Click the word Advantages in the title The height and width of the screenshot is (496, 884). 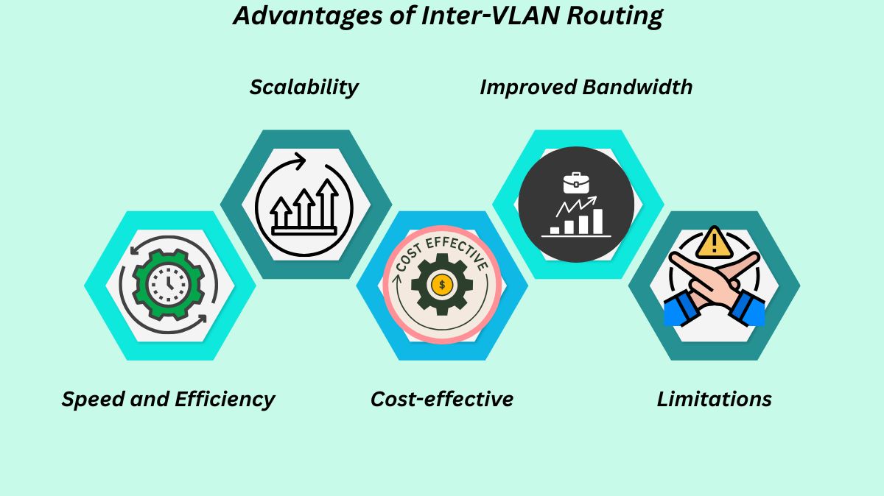309,15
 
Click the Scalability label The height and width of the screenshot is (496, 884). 304,87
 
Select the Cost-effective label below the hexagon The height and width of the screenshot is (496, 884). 441,400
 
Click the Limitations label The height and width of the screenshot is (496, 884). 714,400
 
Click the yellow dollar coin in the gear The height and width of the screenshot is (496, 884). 441,285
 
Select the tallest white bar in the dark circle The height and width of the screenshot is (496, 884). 597,221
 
